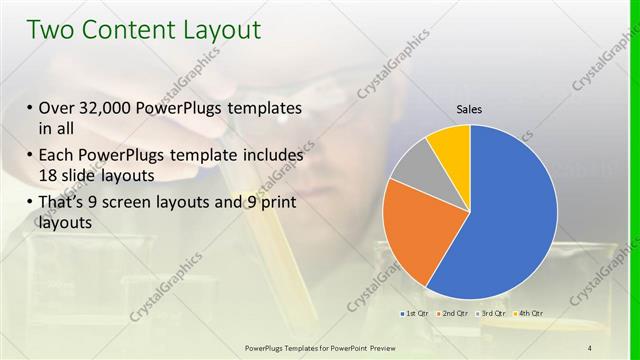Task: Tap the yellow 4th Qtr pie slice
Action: point(450,144)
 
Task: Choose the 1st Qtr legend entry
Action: point(415,315)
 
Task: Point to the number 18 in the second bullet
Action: point(50,176)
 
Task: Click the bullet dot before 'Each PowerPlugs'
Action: point(30,156)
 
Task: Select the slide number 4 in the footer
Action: point(589,347)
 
